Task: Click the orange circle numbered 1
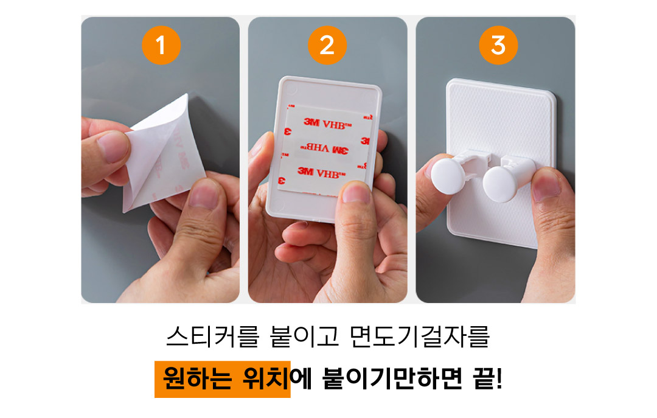(x=161, y=45)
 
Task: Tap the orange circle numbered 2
(x=327, y=45)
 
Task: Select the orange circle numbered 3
(x=498, y=45)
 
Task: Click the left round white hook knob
(x=448, y=176)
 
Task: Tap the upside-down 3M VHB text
(x=324, y=148)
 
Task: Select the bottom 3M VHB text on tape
(x=321, y=172)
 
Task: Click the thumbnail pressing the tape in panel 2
(x=356, y=193)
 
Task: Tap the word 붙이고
(x=304, y=336)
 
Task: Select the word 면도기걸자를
(x=419, y=336)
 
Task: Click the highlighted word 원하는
(x=197, y=378)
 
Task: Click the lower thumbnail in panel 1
(x=204, y=194)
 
